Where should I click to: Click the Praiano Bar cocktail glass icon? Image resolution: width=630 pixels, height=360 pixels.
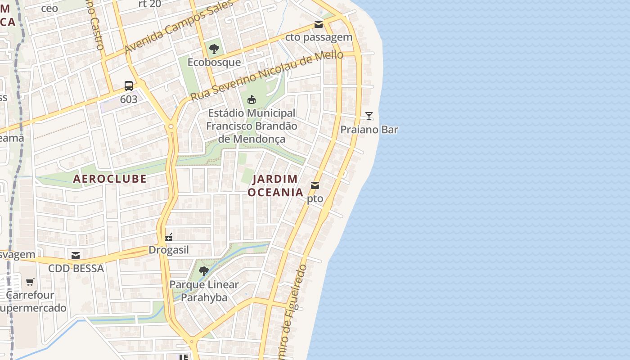(369, 116)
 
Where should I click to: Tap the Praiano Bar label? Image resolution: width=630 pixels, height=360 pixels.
(369, 130)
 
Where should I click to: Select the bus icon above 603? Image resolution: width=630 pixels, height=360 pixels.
(129, 85)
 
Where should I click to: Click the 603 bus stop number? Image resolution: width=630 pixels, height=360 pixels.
(129, 99)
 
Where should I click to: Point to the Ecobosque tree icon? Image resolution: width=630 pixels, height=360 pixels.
(214, 49)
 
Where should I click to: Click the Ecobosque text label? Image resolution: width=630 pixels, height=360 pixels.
(214, 62)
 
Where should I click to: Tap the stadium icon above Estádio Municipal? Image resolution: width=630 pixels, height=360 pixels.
(252, 99)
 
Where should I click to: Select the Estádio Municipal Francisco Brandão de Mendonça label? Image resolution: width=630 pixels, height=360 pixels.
(252, 126)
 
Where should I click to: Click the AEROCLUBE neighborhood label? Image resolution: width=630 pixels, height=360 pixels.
(110, 179)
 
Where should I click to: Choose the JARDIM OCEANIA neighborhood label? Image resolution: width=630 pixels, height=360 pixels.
(275, 185)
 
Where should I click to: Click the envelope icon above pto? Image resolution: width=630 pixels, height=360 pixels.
(315, 185)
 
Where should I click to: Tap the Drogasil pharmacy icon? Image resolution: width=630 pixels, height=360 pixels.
(169, 237)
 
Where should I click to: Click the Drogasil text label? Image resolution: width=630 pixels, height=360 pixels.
(169, 250)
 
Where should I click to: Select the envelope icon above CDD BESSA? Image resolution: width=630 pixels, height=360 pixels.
(76, 256)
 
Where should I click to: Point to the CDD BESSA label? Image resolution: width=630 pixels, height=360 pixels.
(76, 269)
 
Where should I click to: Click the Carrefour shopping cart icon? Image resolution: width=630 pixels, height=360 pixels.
(30, 282)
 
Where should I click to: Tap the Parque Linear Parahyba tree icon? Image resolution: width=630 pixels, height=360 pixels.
(204, 271)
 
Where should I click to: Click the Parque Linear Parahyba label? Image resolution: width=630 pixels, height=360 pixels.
(204, 291)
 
